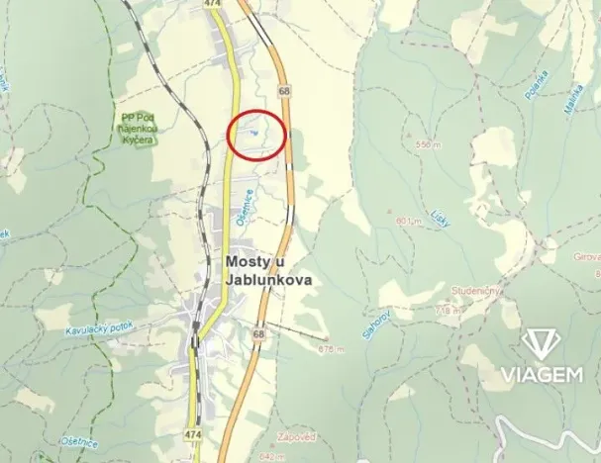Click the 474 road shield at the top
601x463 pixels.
point(211,4)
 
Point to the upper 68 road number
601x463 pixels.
point(285,91)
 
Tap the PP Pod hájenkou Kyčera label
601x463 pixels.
point(137,128)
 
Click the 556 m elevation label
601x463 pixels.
point(427,144)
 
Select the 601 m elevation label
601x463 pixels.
point(408,220)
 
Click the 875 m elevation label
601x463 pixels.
point(332,349)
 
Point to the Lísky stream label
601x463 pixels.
point(441,218)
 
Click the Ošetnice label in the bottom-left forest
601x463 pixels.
point(78,440)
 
